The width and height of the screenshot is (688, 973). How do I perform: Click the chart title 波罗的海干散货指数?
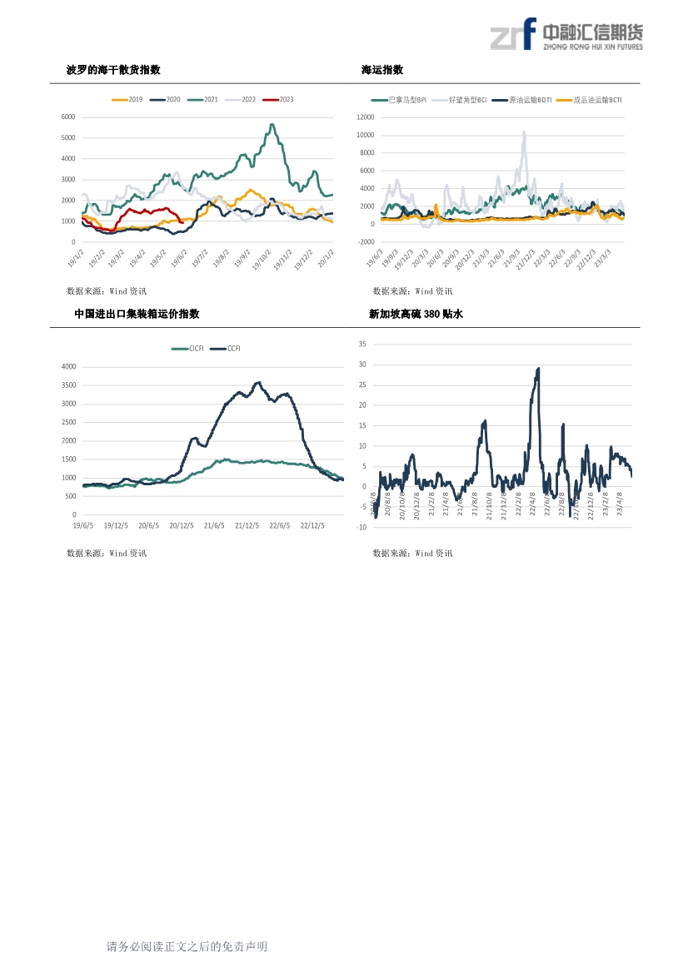click(113, 70)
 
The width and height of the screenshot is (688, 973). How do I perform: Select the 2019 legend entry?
click(128, 100)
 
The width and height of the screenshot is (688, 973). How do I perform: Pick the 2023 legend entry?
click(278, 100)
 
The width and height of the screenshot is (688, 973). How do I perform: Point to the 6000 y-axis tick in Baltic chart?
click(68, 117)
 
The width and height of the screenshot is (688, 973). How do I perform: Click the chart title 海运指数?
click(382, 70)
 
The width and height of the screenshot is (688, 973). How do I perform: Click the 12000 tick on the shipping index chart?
click(364, 117)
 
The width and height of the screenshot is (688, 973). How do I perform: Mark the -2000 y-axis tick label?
click(365, 241)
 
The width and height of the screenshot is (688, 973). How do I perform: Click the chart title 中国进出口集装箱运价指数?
click(137, 314)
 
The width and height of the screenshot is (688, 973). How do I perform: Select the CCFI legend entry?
click(227, 349)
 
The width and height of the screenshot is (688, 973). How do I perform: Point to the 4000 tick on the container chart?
click(68, 366)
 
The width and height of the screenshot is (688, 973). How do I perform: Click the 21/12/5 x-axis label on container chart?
click(247, 525)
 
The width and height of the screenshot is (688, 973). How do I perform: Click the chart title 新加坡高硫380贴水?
click(415, 314)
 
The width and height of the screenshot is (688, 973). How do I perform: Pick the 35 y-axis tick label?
click(362, 344)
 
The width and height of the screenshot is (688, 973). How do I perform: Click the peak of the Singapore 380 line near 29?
click(538, 369)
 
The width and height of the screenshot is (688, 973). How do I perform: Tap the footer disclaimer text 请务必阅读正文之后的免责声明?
click(187, 946)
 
